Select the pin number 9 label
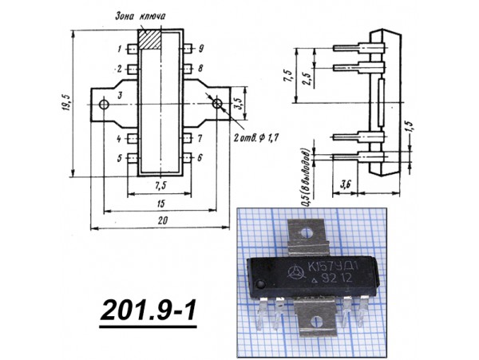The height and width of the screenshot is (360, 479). coord(201,49)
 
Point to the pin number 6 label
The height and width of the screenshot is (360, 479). coord(201,158)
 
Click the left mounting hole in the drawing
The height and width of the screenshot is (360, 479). coord(103,104)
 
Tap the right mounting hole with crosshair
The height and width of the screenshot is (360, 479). coord(217,104)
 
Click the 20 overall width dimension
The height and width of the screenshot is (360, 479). coord(162,220)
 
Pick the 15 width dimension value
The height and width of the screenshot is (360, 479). coord(162,204)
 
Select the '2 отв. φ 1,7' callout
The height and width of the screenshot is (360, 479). coord(255,139)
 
